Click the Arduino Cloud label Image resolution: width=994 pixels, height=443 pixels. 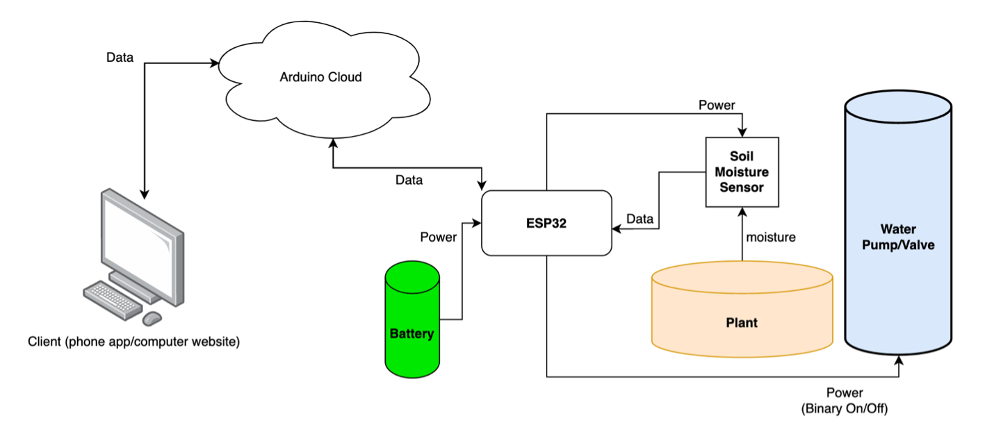pos(320,77)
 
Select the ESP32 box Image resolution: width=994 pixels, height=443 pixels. pos(546,224)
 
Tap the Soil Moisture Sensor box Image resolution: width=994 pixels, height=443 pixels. pos(742,172)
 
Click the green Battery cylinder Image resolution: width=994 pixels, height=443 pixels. pos(412,319)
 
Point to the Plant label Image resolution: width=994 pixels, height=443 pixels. pos(742,323)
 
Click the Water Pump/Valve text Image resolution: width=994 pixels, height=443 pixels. pos(897,237)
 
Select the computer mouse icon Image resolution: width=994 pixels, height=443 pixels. pos(152,318)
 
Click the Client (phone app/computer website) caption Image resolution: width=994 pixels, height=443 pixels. pos(133,342)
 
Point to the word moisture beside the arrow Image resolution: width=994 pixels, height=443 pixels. pos(770,237)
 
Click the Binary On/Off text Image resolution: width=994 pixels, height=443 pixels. pos(845,408)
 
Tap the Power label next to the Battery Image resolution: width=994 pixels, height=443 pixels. pos(438,237)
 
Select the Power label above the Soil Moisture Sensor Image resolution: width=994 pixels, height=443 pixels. pos(717,106)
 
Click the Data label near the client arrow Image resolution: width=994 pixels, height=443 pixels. pos(120,58)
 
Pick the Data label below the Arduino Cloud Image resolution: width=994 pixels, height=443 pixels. pos(409,180)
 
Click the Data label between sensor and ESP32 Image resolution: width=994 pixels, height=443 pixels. pos(639,219)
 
